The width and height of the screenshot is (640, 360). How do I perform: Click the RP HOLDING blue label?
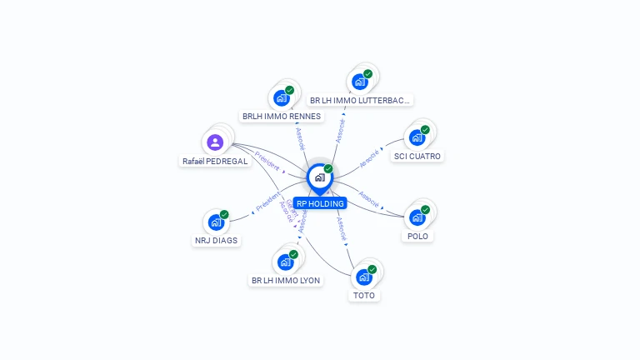click(320, 203)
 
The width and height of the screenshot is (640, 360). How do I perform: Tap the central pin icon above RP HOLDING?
click(319, 177)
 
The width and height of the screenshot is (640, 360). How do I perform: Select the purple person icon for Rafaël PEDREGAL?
click(215, 142)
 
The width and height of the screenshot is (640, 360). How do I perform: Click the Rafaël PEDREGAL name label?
click(215, 162)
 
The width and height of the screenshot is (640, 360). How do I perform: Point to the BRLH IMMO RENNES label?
click(281, 117)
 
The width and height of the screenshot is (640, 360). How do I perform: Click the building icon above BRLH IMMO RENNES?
click(282, 97)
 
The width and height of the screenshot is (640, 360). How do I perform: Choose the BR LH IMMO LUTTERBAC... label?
click(360, 101)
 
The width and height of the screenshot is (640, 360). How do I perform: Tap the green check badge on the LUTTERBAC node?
click(367, 74)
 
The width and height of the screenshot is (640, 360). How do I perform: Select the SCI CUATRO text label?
click(418, 157)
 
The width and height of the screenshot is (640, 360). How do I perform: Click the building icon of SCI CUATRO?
click(417, 137)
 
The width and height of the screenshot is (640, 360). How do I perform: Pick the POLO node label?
click(418, 237)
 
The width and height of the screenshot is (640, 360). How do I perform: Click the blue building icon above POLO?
click(417, 217)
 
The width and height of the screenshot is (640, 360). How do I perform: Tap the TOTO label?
click(364, 296)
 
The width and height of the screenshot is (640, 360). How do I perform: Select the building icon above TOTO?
click(364, 277)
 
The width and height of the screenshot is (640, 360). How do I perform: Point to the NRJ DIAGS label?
click(216, 241)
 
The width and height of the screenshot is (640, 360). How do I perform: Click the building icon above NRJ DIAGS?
click(215, 222)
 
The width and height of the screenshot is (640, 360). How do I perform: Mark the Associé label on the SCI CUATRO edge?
click(369, 156)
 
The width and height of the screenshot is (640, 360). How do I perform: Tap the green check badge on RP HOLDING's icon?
click(328, 169)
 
